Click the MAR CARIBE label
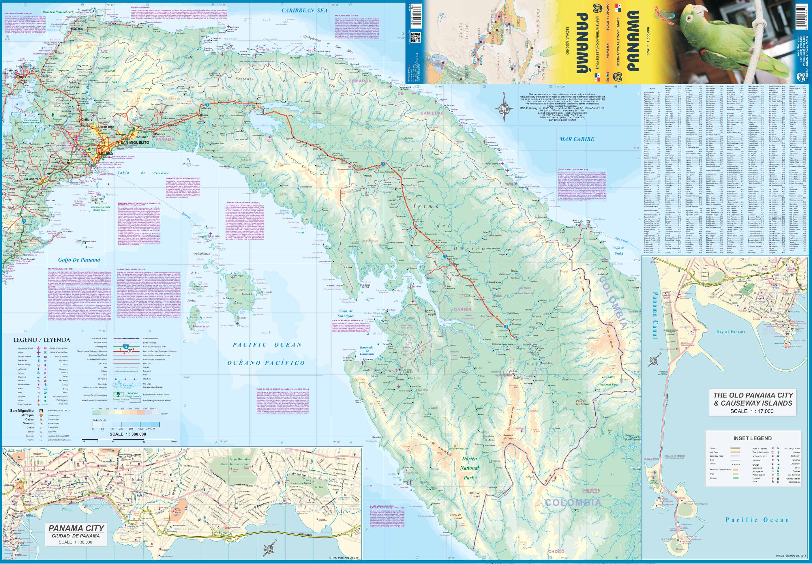[577, 139]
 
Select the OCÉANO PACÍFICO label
[266, 363]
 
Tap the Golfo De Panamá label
[79, 260]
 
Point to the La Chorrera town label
[33, 179]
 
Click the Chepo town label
[204, 115]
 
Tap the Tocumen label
[142, 136]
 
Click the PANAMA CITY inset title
[76, 539]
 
